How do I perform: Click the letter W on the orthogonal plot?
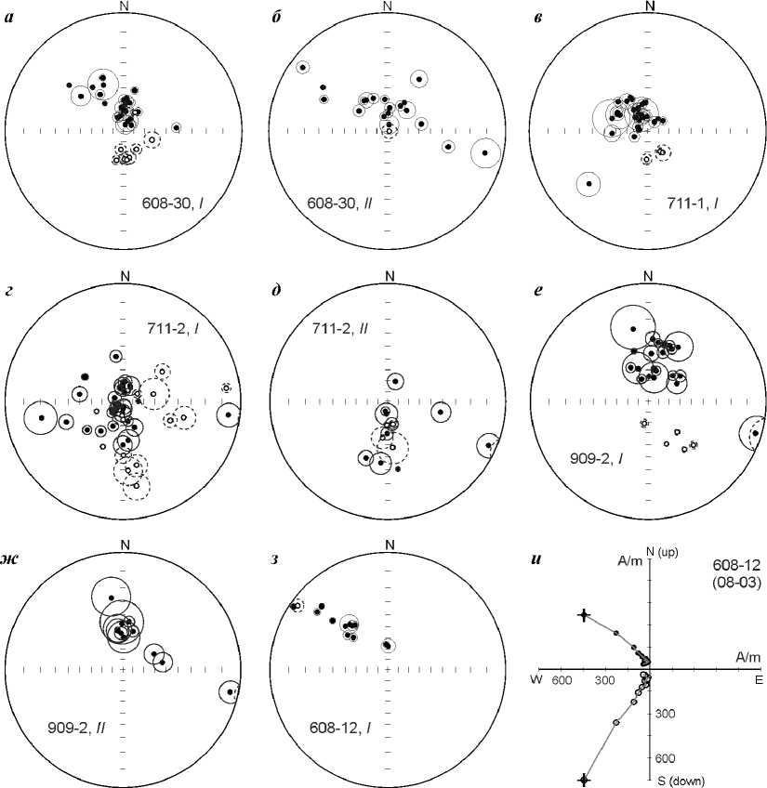[x=536, y=679]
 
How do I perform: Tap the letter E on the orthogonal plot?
[x=758, y=679]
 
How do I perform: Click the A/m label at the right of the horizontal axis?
[x=736, y=656]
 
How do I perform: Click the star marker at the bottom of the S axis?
[x=583, y=780]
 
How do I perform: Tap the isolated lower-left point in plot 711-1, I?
[x=588, y=184]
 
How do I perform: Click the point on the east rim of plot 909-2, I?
[x=756, y=433]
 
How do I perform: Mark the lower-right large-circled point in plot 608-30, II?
[x=484, y=152]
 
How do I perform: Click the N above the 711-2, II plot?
[x=390, y=275]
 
